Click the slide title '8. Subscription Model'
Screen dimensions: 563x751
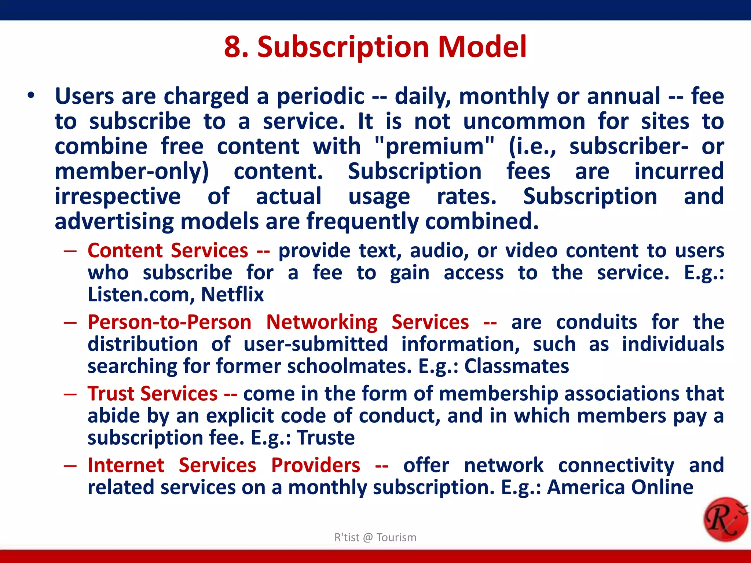coord(375,47)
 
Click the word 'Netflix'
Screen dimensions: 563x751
coord(232,294)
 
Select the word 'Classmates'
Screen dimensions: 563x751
coord(516,366)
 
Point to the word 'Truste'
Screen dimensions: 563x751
coord(326,438)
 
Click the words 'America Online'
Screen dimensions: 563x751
coord(620,487)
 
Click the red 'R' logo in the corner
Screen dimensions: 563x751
coord(725,519)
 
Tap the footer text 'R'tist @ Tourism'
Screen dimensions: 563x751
coord(375,537)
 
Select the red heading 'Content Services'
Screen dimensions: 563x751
coord(168,251)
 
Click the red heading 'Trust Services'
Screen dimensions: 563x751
coord(153,394)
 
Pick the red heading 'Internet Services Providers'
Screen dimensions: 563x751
coord(224,466)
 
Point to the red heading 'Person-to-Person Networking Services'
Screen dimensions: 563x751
coord(278,322)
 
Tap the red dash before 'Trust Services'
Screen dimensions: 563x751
coord(70,394)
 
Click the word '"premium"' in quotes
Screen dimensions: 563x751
coord(435,146)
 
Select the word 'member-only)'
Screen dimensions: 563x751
coord(132,172)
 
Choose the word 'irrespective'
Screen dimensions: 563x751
coord(117,196)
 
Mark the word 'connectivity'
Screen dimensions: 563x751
coord(616,466)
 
